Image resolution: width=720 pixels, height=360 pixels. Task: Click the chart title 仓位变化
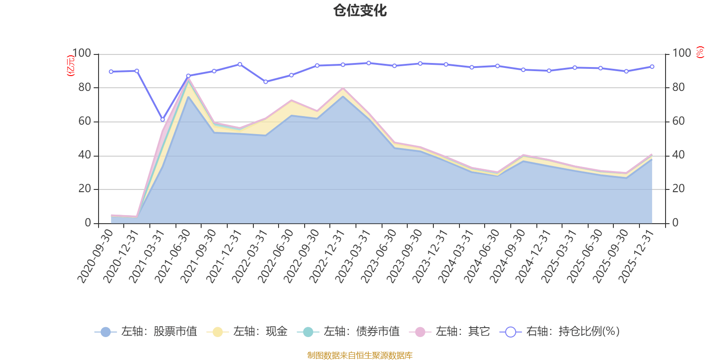360,10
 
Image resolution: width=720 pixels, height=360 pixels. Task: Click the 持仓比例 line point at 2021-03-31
162,120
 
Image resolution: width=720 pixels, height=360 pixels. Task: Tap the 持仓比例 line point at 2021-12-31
240,64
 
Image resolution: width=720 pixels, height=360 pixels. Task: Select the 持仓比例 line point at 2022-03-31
265,82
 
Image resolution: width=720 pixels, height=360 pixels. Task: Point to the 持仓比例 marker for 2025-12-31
652,67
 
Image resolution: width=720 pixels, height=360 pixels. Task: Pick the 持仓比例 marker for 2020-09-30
111,72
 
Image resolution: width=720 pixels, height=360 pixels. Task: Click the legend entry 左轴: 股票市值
146,332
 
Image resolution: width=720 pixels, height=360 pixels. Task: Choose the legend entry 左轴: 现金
247,332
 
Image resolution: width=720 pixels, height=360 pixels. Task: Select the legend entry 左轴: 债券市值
348,332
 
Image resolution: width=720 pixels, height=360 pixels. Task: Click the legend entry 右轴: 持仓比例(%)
560,332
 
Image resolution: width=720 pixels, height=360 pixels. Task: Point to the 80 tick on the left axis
85,87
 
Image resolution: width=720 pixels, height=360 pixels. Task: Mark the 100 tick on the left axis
82,54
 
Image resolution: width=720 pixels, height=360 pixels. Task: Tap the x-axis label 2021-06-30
173,256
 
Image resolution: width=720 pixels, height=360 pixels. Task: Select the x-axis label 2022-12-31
328,256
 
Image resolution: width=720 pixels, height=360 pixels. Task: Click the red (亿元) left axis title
70,66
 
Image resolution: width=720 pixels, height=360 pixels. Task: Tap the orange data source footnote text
360,355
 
